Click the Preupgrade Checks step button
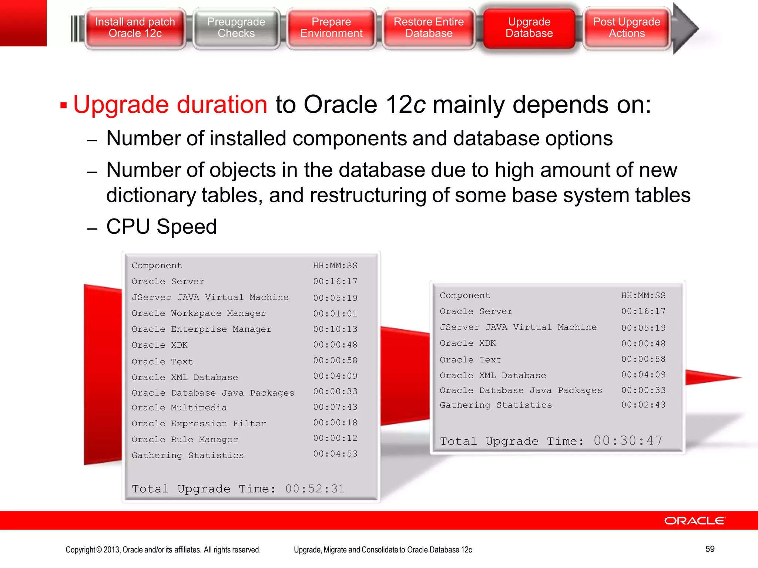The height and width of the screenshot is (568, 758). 236,28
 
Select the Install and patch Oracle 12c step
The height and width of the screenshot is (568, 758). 135,28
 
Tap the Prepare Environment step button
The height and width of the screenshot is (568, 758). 331,28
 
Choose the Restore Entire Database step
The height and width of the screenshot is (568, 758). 429,28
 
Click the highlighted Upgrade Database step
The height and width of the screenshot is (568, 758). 529,28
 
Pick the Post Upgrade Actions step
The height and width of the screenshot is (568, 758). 627,28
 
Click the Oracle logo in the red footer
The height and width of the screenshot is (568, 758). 695,521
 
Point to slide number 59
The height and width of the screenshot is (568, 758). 710,549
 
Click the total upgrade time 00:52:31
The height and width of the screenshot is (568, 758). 315,489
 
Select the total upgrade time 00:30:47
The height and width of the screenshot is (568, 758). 628,441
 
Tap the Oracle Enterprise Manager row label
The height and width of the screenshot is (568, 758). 202,329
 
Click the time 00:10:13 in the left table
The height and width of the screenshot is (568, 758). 335,329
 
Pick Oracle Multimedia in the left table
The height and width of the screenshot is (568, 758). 179,408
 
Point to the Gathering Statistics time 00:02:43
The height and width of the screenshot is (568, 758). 643,405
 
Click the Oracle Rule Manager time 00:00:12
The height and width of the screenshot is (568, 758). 335,438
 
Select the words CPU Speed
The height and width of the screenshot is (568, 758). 161,227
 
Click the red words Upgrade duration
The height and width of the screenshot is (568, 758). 170,105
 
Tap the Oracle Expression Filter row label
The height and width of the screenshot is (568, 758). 199,423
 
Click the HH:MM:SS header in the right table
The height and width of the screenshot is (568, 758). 643,295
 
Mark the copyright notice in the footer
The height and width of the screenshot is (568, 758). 163,550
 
